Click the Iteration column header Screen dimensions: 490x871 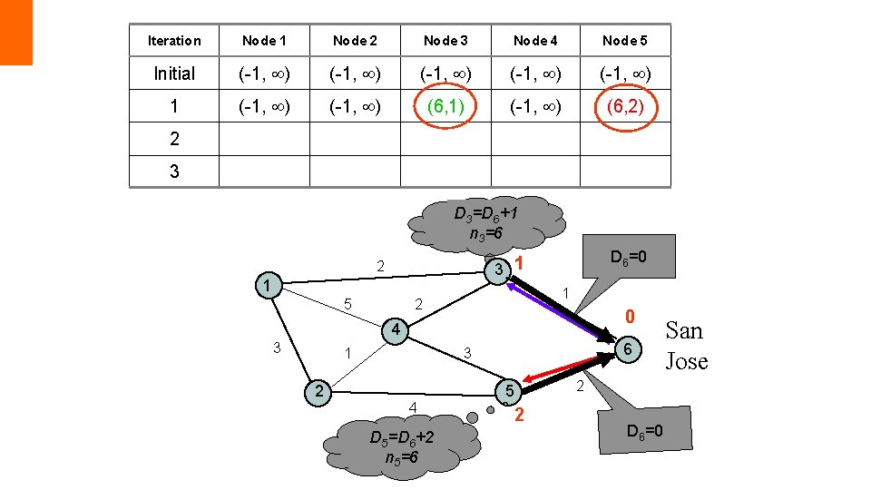pos(174,41)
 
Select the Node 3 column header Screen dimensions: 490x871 pos(445,41)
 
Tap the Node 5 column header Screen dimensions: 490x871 pos(625,41)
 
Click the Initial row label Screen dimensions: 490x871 pos(174,73)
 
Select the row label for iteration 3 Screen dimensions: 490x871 pos(174,171)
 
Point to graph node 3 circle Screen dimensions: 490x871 pos(498,270)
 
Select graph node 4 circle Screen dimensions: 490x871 pos(395,329)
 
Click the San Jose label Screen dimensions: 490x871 pos(686,346)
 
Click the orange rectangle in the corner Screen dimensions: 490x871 pos(16,32)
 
